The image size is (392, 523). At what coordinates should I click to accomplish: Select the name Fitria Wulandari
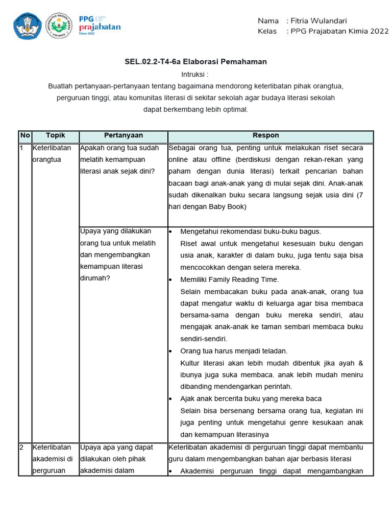tap(318, 21)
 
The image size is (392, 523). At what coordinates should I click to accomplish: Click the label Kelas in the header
tap(267, 31)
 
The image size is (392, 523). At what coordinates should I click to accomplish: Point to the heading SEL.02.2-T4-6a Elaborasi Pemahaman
tap(195, 62)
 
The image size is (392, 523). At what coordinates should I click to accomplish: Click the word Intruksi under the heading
tap(195, 75)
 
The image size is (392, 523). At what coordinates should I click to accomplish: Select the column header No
tap(24, 136)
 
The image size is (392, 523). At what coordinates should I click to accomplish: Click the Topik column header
tap(55, 136)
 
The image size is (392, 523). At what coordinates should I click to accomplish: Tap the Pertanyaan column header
tap(124, 136)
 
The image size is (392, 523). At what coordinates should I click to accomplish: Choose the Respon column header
tap(266, 136)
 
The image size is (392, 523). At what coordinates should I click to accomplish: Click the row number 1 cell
tap(21, 148)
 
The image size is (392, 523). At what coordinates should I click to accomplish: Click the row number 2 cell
tap(21, 447)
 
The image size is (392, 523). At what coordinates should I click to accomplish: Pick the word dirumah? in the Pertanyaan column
tap(95, 278)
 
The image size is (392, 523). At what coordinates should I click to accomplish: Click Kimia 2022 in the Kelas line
tap(370, 31)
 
